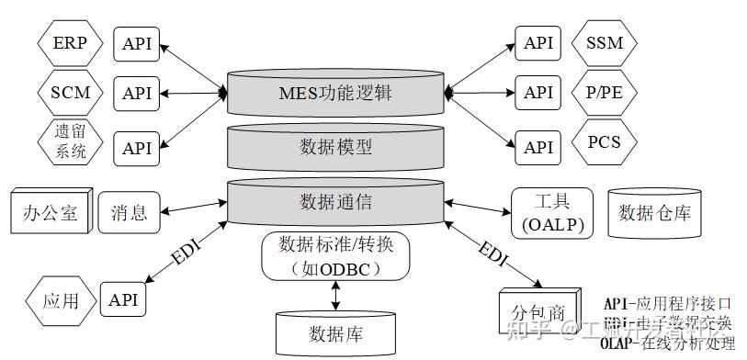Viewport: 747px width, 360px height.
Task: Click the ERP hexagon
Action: pyautogui.click(x=70, y=42)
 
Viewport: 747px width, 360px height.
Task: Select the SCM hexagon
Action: pyautogui.click(x=70, y=93)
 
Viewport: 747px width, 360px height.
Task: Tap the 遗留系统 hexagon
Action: pyautogui.click(x=71, y=142)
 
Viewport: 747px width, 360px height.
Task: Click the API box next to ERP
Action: pyautogui.click(x=137, y=42)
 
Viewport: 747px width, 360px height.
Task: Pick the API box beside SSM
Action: pyautogui.click(x=538, y=42)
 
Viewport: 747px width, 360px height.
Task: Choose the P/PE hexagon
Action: pyautogui.click(x=604, y=93)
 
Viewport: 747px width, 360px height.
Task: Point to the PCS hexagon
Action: pyautogui.click(x=604, y=143)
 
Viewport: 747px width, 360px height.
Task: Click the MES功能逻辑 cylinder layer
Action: pyautogui.click(x=336, y=92)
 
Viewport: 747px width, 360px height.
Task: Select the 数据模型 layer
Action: pyautogui.click(x=336, y=146)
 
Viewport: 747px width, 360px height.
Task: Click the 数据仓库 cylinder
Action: pyautogui.click(x=654, y=213)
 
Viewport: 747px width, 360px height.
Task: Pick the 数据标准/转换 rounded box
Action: pyautogui.click(x=335, y=256)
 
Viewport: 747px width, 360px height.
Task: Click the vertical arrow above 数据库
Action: pyautogui.click(x=335, y=295)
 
